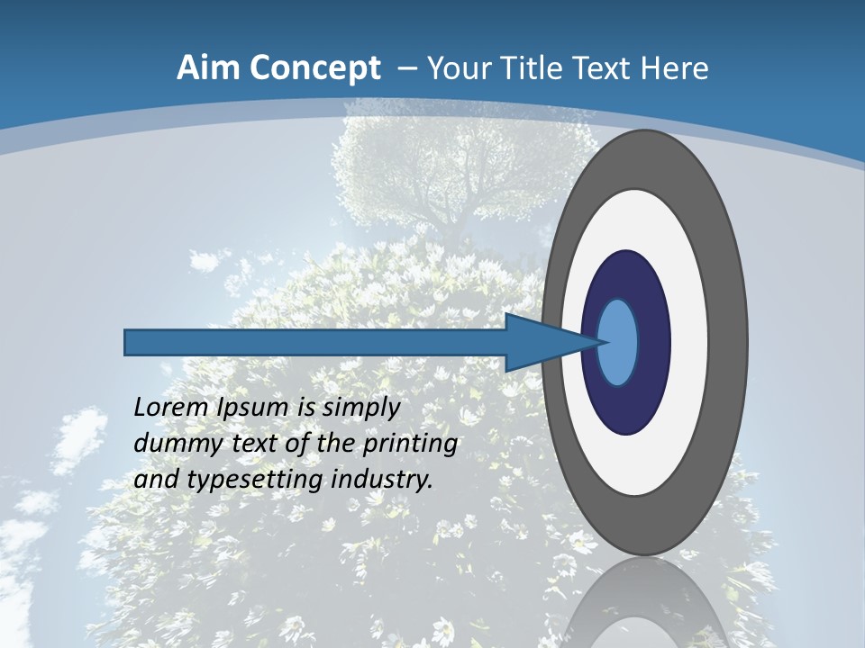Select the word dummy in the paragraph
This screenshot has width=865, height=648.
coord(168,443)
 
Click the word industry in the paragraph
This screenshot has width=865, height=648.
coord(382,479)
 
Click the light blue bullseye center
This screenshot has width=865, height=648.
coord(618,342)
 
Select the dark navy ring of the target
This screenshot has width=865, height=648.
coord(651,342)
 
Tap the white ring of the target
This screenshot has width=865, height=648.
coord(688,342)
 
